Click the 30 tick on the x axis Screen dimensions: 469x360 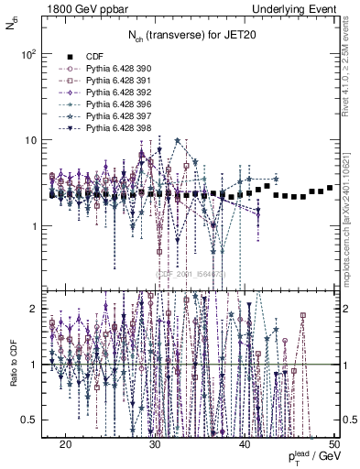156,442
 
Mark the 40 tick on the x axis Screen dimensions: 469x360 245,442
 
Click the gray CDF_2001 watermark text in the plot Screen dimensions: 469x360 189,272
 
